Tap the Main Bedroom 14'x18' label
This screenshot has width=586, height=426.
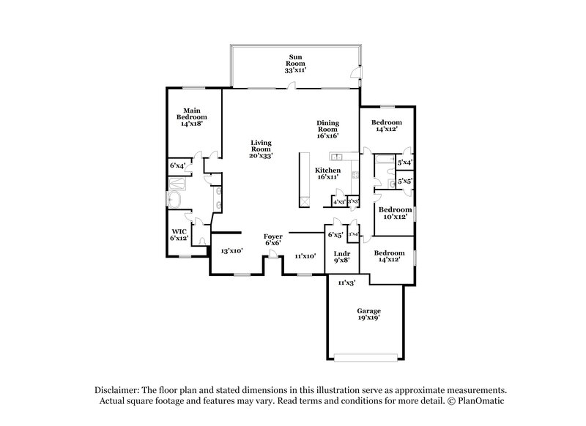[x=190, y=116]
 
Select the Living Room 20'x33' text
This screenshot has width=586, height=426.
[x=261, y=149]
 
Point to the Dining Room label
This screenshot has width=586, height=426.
[x=328, y=129]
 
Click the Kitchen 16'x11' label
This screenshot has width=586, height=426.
[x=327, y=173]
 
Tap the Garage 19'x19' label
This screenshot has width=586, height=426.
[x=368, y=314]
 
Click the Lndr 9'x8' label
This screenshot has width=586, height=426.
[x=341, y=257]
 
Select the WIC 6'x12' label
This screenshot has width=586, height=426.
[x=179, y=234]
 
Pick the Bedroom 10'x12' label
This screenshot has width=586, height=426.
[x=395, y=213]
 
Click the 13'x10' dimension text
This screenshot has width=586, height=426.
[x=232, y=250]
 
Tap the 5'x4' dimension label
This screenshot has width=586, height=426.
[x=405, y=162]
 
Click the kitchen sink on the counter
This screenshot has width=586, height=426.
[x=339, y=156]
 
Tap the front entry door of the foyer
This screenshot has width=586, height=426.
[x=272, y=254]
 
